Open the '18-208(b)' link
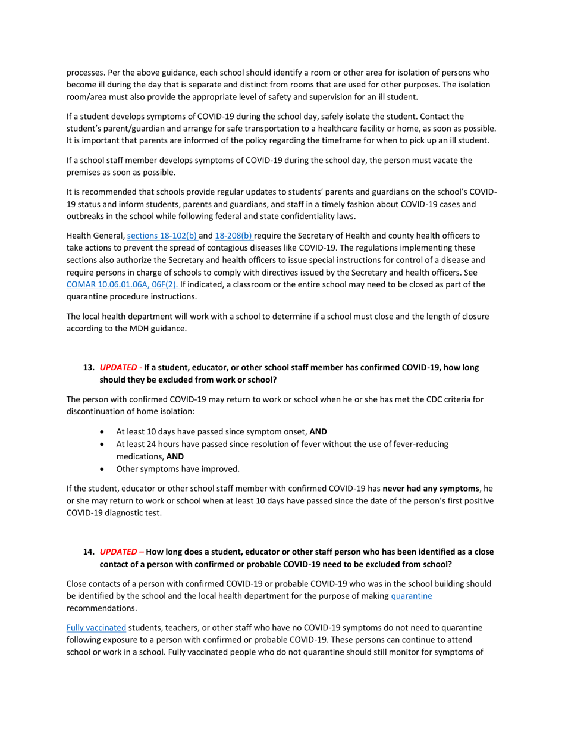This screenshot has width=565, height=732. click(x=233, y=235)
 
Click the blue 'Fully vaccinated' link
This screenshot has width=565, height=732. click(x=96, y=627)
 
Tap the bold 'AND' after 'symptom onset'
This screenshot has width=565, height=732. click(x=318, y=432)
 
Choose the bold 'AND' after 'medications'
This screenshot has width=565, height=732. click(x=175, y=456)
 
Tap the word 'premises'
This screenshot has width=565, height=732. click(x=84, y=173)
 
